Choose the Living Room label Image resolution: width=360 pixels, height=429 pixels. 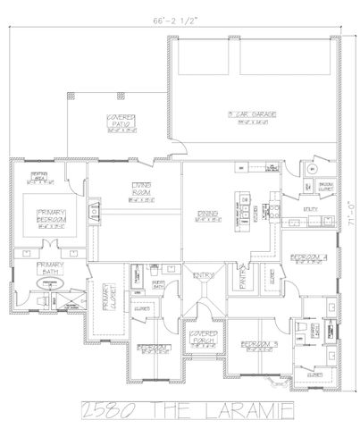point(140,190)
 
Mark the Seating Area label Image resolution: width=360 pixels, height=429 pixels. point(39,174)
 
